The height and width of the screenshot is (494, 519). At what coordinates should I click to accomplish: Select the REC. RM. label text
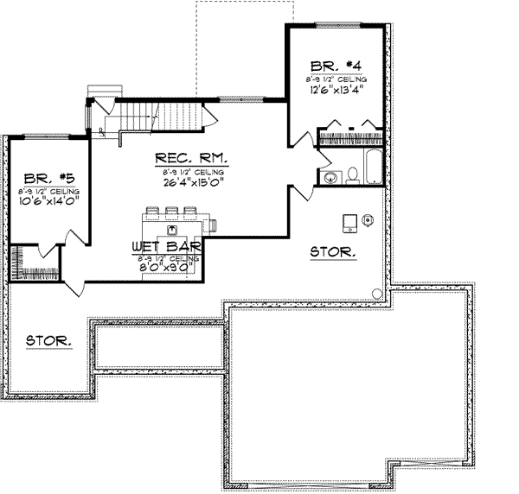click(191, 158)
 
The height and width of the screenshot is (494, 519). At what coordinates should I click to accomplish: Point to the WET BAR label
click(167, 247)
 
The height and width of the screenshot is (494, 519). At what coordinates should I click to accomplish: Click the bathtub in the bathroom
click(372, 168)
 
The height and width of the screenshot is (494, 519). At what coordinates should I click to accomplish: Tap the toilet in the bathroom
click(353, 176)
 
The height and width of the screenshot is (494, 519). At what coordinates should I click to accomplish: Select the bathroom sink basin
click(331, 177)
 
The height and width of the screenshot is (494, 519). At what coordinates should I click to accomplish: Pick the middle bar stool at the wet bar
click(170, 212)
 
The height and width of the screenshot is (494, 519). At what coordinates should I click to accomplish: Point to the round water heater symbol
click(368, 219)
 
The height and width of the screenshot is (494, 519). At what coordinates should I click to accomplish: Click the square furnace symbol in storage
click(349, 222)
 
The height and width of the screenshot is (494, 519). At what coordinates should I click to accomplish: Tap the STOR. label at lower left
click(47, 340)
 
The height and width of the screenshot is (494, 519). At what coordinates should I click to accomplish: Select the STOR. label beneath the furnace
click(332, 252)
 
